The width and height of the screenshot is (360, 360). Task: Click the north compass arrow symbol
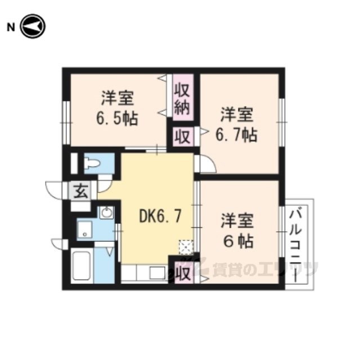click(x=33, y=26)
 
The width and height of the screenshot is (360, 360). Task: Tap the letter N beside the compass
click(x=11, y=28)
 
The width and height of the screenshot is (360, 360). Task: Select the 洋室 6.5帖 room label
click(x=118, y=108)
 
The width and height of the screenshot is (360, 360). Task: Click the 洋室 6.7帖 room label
click(x=236, y=124)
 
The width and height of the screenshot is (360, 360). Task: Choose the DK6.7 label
click(x=160, y=216)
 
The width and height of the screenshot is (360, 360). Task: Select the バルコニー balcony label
click(x=295, y=244)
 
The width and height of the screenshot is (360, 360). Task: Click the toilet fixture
click(x=92, y=164)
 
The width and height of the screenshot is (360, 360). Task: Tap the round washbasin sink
click(x=106, y=213)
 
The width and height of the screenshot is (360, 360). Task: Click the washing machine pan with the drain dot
click(x=84, y=229)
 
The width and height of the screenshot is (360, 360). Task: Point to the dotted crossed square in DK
click(x=186, y=247)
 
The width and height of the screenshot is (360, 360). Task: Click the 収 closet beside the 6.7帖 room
click(x=183, y=137)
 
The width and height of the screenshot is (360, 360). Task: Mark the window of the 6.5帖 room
click(x=66, y=123)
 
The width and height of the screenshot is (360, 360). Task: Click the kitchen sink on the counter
click(x=157, y=273)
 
